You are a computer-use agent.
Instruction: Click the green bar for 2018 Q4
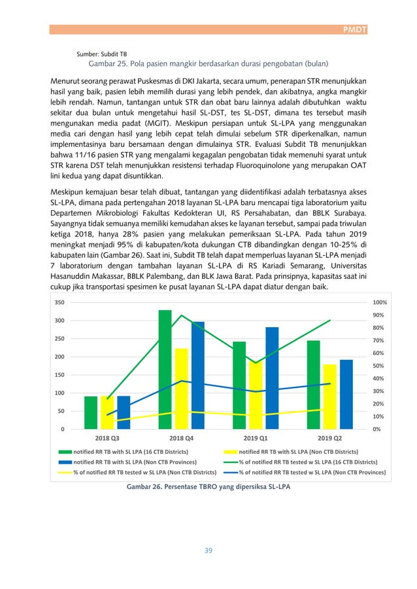(x=165, y=369)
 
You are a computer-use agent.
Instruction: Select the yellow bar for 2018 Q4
(x=181, y=389)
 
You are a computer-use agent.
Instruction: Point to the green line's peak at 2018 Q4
(x=181, y=315)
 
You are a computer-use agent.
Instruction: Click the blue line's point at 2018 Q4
(x=181, y=381)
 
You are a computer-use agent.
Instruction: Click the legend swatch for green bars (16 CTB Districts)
(x=65, y=451)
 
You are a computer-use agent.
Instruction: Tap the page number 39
(x=208, y=550)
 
